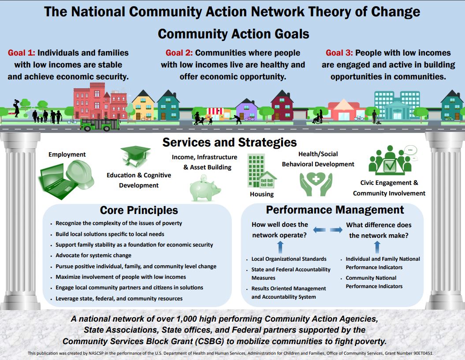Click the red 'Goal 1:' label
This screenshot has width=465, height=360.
(x=22, y=53)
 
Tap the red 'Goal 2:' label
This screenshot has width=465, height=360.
(x=179, y=53)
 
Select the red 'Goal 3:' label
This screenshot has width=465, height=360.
(x=339, y=53)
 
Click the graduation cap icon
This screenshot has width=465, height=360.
(x=136, y=157)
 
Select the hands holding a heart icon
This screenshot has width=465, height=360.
(x=316, y=184)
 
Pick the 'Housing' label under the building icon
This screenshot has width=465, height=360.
(x=262, y=194)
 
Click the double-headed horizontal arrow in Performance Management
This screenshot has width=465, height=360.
(x=327, y=229)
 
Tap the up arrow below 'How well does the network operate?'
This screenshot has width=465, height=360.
(x=279, y=246)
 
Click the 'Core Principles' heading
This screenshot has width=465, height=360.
(x=139, y=210)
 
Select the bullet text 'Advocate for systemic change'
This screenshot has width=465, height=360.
(x=93, y=255)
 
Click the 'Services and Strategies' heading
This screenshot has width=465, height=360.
(x=229, y=142)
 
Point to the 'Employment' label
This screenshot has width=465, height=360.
(x=67, y=154)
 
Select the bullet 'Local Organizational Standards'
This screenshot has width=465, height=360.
(x=289, y=259)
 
